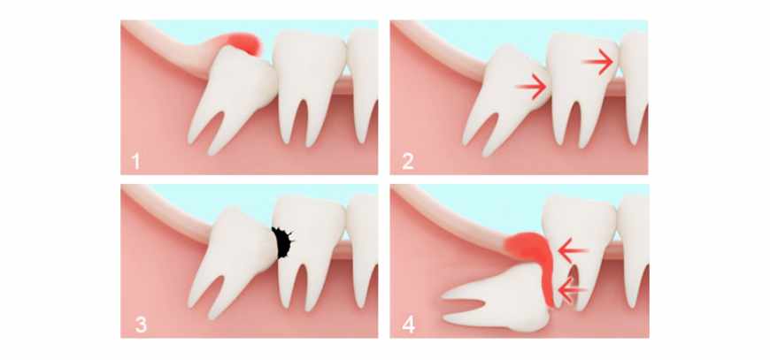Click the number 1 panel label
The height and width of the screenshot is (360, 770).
(135, 161)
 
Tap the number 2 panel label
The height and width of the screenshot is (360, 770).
(408, 161)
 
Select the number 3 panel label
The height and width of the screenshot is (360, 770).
(140, 325)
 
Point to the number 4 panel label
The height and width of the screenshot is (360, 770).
(409, 325)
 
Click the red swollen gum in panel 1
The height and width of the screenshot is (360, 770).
(244, 43)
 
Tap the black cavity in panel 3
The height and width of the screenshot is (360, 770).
(282, 241)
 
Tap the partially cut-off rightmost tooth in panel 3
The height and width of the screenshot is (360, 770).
(364, 245)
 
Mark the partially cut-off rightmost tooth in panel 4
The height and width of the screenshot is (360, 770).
(634, 245)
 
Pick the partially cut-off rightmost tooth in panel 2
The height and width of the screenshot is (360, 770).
(634, 83)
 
